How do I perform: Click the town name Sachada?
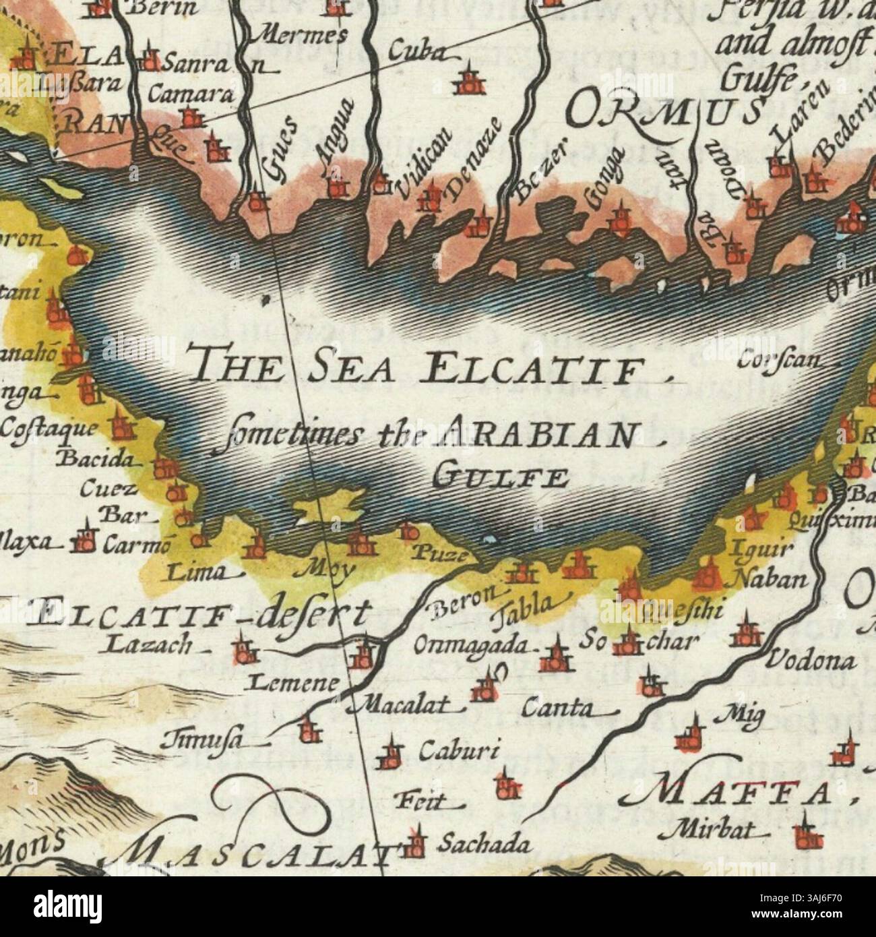click(479, 843)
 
